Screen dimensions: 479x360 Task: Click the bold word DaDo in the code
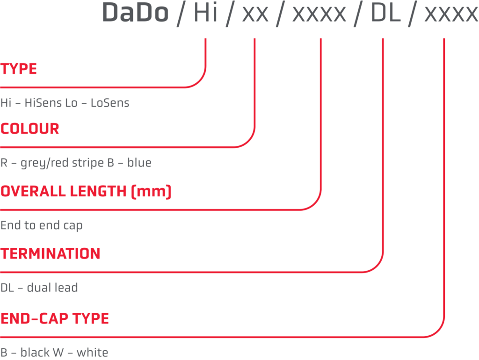coord(135,13)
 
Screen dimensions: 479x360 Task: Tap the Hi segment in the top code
coord(206,13)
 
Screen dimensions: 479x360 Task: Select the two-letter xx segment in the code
coord(255,14)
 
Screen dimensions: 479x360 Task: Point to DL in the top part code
coord(385,13)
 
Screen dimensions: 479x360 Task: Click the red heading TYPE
coord(19,69)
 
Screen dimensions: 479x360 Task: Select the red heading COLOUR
coord(29,129)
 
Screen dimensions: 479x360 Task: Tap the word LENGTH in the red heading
coord(98,191)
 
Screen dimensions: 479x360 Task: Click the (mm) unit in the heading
coord(151,192)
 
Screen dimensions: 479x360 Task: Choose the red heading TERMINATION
coord(51,254)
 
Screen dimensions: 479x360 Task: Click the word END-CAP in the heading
coord(34,319)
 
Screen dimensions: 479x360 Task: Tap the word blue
coord(139,163)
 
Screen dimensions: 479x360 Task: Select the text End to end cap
coord(42,226)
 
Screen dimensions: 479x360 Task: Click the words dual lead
coord(52,288)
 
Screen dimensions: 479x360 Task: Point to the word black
coord(36,353)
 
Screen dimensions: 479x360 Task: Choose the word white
coord(93,353)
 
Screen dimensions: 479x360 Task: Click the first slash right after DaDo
coord(181,14)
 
